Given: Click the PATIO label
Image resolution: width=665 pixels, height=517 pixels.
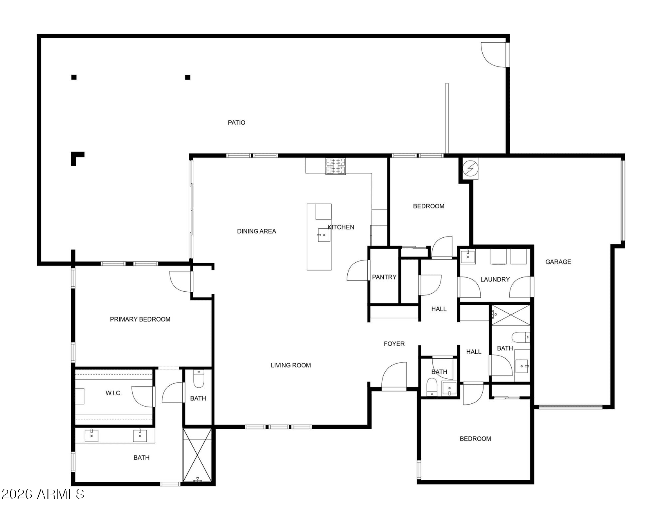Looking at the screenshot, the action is point(237,123).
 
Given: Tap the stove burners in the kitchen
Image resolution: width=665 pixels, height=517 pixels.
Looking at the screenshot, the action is point(336,166).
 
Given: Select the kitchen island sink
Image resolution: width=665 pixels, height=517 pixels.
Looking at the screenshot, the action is point(324,235).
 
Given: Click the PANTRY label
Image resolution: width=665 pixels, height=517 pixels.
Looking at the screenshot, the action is point(384,277).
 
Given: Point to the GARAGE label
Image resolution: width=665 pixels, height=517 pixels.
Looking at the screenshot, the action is point(558,262).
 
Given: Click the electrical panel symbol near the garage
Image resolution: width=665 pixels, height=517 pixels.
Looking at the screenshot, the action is point(470,168).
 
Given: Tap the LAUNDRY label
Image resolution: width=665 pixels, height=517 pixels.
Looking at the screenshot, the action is point(495,279).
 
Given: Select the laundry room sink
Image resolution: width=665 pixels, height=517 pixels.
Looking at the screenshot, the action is point(467,257).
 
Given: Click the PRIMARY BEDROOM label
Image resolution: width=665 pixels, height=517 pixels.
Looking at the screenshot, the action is point(140,319).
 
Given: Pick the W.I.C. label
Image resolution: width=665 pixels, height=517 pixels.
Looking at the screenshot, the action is point(113,393).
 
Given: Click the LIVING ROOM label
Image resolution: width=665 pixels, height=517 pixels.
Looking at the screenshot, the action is point(291,365).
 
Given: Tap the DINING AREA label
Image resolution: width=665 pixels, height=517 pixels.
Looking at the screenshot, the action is point(257,231).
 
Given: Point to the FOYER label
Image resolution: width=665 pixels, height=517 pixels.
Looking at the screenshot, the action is point(394,343).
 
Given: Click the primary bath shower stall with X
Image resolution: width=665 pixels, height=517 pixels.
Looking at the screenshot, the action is point(198,455).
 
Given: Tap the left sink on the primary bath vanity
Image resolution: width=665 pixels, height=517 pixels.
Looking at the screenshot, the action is point(92,436).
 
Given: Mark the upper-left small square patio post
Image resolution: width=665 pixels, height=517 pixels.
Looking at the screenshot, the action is point(74,77).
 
